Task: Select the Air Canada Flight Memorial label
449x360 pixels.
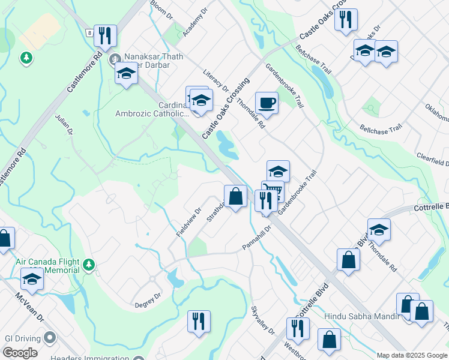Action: click(48, 266)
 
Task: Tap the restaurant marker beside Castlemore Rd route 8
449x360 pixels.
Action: click(106, 35)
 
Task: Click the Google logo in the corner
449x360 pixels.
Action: click(19, 353)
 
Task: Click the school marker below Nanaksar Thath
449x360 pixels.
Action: click(126, 74)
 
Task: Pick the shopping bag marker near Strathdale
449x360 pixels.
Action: click(235, 196)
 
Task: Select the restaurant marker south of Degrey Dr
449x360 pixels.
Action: click(199, 321)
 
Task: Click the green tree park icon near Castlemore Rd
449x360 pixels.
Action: click(26, 58)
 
